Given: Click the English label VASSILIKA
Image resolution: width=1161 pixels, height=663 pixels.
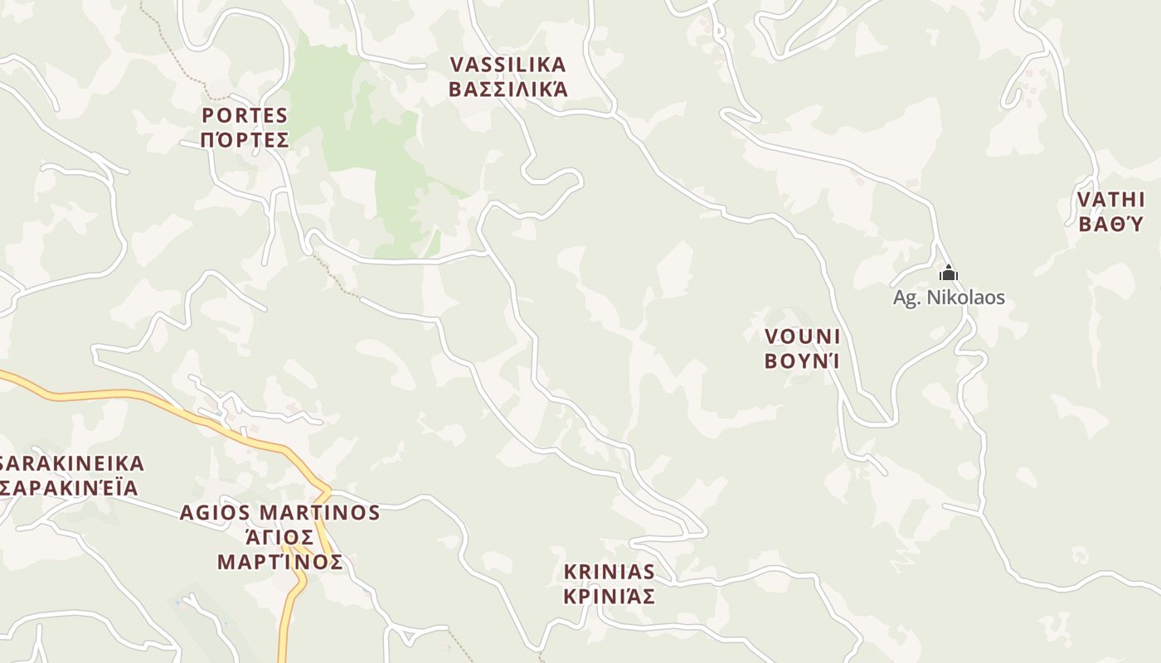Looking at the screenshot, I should [x=508, y=65].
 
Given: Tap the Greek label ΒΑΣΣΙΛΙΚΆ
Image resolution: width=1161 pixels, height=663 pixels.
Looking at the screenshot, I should [x=508, y=89].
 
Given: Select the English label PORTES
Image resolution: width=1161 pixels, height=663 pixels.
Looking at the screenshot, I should [x=245, y=115].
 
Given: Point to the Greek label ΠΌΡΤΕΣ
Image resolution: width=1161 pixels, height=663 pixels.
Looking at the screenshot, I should [x=245, y=139].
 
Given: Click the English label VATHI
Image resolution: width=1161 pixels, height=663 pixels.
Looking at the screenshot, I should [x=1110, y=200].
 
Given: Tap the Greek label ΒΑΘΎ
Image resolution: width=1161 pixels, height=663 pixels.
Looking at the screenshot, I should [x=1110, y=224].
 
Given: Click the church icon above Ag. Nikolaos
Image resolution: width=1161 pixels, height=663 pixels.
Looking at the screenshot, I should [x=948, y=273].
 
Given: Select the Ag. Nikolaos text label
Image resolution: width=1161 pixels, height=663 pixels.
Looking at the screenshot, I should [x=949, y=298].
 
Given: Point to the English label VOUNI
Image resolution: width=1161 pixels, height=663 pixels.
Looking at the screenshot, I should [x=802, y=336].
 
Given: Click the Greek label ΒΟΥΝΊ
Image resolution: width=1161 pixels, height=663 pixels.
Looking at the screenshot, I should [x=802, y=361].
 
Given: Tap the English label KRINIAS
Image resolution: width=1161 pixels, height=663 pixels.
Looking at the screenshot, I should [x=609, y=572].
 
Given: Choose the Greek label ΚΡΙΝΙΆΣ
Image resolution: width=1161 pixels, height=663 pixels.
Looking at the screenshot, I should [x=609, y=596].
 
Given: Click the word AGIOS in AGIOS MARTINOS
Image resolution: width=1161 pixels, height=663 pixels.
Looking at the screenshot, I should [x=215, y=513].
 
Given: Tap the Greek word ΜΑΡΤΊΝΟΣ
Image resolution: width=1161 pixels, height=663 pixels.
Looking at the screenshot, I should [x=280, y=562].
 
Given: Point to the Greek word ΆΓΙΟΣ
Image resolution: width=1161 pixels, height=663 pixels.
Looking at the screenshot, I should [x=280, y=537].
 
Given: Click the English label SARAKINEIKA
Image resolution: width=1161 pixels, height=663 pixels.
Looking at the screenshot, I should [x=73, y=463].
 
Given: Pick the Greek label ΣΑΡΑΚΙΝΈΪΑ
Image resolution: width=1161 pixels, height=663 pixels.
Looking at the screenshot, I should [x=70, y=487].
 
